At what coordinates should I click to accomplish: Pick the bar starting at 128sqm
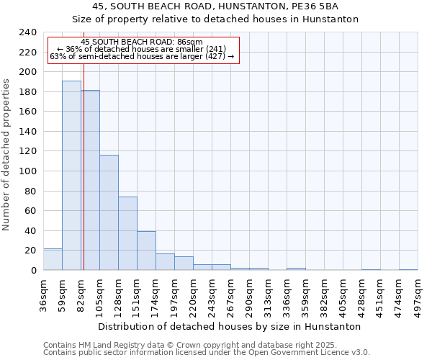[127, 233]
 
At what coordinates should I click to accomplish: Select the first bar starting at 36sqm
[53, 259]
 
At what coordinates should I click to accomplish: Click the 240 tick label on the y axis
[27, 32]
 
